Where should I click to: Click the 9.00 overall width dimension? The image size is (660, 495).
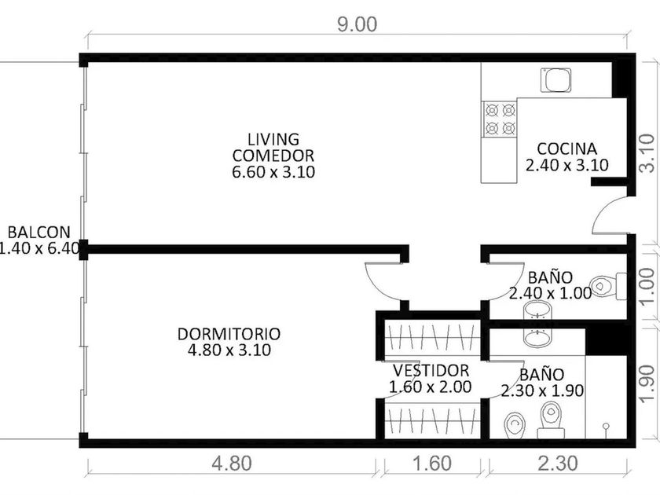[357, 24]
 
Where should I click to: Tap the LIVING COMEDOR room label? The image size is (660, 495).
[273, 148]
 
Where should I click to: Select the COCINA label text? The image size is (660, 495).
[567, 148]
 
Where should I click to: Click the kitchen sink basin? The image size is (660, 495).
[555, 80]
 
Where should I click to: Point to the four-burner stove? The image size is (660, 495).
[499, 119]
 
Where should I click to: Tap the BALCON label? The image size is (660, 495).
[39, 232]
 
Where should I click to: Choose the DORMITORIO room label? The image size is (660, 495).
[229, 334]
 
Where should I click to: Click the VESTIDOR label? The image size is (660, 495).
[431, 370]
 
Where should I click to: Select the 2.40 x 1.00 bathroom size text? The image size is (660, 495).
[550, 293]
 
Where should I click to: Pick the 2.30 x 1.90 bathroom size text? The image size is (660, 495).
[542, 390]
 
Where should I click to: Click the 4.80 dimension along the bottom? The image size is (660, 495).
[232, 464]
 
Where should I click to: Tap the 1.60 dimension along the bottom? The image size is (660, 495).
[432, 464]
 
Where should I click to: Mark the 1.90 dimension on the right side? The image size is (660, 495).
[647, 383]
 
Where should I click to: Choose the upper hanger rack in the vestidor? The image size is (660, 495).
[432, 336]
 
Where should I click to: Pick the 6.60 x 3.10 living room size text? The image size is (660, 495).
[273, 172]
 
